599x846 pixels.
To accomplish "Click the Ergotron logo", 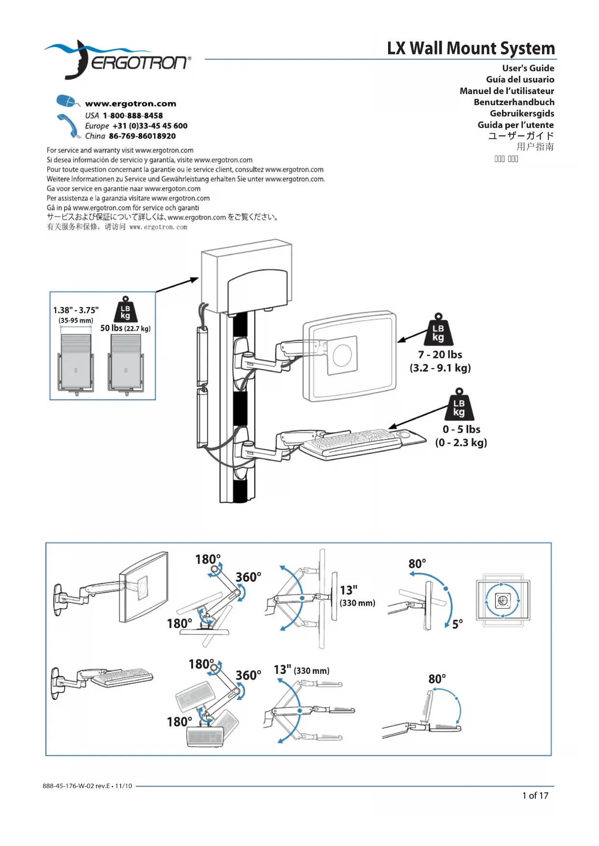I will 118,60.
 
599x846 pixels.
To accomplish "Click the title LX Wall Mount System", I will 471,48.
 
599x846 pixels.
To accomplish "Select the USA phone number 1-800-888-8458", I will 133,116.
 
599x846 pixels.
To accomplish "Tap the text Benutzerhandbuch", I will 514,102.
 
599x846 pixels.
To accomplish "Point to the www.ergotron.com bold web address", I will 130,104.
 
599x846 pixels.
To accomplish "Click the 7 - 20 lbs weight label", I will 440,355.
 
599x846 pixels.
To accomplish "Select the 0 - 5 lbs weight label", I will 461,430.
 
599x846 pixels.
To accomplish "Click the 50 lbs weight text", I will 111,328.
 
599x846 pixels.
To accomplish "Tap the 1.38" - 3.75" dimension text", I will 76,310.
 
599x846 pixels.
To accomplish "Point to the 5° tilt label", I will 457,624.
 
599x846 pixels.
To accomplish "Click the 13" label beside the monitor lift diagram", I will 348,590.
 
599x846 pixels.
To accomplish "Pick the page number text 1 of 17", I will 535,795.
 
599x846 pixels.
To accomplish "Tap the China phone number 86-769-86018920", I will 142,136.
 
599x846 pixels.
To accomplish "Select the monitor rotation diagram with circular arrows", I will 502,600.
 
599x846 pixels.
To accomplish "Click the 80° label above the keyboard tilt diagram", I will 437,679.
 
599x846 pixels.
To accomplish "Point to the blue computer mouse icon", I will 67,102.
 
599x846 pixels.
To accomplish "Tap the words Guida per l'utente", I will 515,125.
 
